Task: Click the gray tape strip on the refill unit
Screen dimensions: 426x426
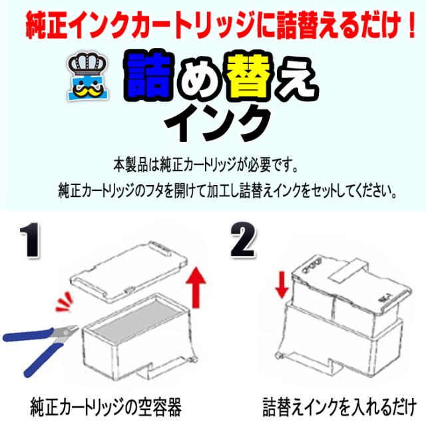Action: tap(347, 266)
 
